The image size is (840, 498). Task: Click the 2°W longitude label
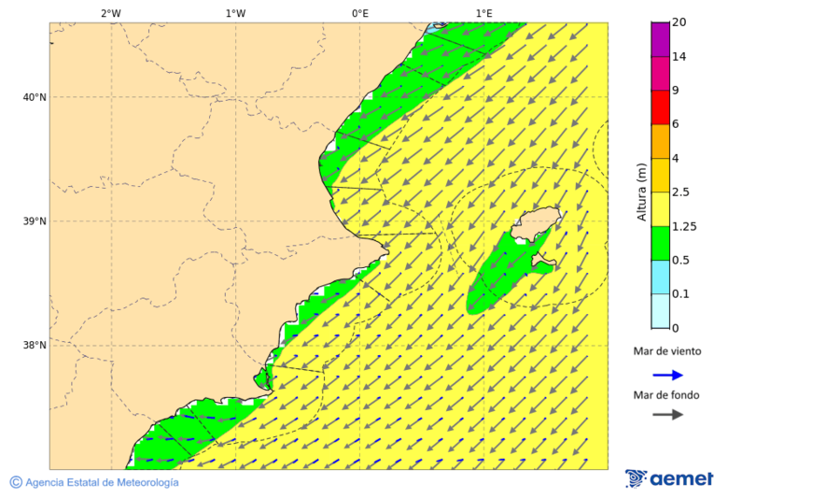coord(110,13)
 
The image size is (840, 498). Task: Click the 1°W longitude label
coord(235,13)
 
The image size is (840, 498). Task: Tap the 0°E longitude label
coord(359,13)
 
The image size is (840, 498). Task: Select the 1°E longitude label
coord(484,13)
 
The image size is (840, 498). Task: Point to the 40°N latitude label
coord(34,97)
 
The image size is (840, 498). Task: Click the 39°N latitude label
coord(34,221)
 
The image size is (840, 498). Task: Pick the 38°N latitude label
coord(34,346)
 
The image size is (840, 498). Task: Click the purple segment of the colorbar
coord(661,39)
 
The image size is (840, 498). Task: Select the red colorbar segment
coord(661,107)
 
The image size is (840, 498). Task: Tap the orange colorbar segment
coord(661,141)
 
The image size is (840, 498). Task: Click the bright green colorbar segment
coord(661,243)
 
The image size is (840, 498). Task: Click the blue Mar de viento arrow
coord(667,375)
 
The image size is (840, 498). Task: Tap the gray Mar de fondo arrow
coord(667,415)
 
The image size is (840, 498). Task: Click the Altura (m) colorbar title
coord(641,192)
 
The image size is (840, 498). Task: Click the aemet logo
coord(669,478)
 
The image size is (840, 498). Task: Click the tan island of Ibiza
coord(535,224)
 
